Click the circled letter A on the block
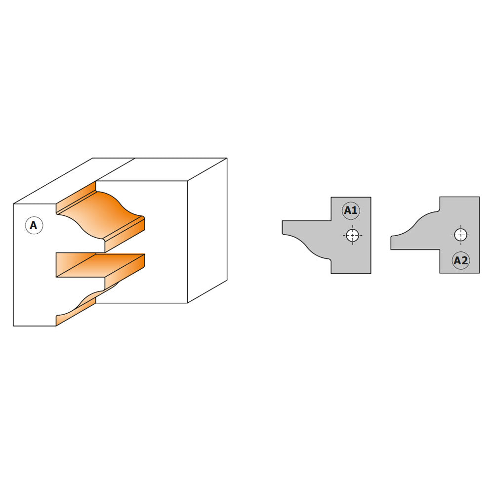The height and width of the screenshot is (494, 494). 34,226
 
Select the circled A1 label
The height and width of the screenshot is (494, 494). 350,211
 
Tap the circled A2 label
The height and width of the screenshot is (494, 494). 460,261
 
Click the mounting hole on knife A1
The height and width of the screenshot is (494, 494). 352,235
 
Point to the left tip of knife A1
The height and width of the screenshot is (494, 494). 284,228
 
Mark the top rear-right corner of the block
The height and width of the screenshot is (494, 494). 227,159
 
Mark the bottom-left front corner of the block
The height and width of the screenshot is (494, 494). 14,326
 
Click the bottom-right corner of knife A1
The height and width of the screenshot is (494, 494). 370,273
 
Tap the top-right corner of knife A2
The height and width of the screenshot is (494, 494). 479,197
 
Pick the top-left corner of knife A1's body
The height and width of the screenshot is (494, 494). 331,198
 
